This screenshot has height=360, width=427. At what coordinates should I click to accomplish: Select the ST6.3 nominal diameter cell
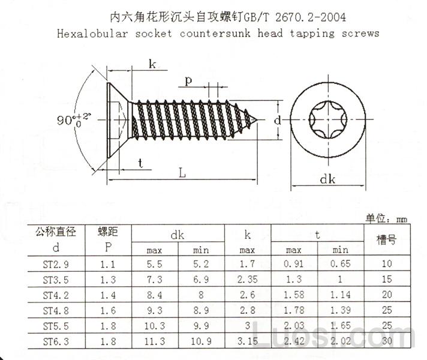coord(55,341)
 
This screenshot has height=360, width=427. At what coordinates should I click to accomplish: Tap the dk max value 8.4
coord(155,295)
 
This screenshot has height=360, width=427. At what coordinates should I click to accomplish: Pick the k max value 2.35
coord(248,280)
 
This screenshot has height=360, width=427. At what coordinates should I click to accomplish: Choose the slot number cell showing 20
coord(386,295)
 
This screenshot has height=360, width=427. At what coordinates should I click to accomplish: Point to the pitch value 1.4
coord(107,295)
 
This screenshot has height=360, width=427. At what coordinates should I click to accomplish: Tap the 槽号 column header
coord(386,240)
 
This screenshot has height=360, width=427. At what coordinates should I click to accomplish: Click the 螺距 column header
coord(108,232)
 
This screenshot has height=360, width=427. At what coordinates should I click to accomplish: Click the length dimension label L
coord(182,173)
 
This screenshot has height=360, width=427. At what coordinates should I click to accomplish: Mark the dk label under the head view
coord(327,179)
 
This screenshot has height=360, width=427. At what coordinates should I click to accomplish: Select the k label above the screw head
coord(152,65)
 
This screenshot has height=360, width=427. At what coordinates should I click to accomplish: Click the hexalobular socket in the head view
coord(327,120)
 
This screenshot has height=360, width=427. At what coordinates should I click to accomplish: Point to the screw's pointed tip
coord(263,120)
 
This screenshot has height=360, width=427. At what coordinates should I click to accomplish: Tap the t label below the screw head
coord(140,163)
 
